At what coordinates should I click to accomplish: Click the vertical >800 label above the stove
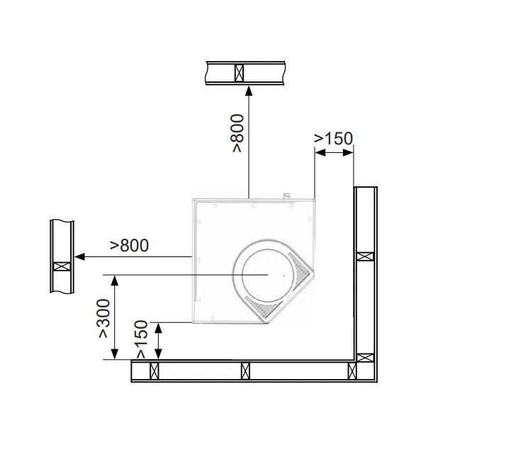[x=237, y=133]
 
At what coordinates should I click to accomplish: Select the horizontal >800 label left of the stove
[x=130, y=245]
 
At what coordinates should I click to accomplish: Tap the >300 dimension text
[x=104, y=318]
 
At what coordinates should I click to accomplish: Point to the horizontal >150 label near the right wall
[x=333, y=138]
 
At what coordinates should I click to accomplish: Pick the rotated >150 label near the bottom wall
[x=142, y=339]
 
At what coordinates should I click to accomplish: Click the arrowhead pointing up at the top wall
[x=249, y=91]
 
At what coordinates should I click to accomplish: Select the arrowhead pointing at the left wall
[x=80, y=256]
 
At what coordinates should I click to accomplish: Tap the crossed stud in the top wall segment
[x=240, y=73]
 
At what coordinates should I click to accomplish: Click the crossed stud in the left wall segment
[x=62, y=266]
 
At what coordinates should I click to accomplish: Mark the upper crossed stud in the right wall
[x=365, y=256]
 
